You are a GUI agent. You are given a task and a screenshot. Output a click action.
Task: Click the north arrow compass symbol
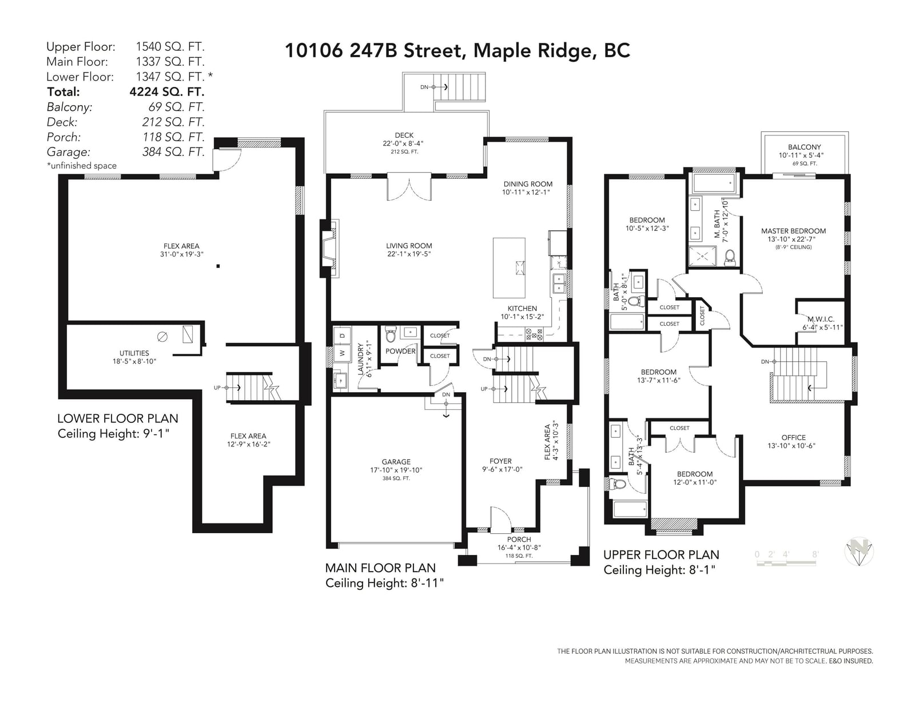click(x=859, y=551)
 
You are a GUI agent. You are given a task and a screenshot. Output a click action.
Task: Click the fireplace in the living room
click(x=330, y=248)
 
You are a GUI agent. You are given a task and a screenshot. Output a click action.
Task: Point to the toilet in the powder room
click(x=391, y=334)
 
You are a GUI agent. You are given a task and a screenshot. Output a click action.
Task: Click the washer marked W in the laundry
click(x=342, y=353)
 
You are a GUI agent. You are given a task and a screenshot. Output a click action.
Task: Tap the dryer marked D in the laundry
click(x=342, y=335)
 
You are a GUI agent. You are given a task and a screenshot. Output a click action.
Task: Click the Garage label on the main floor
click(x=396, y=462)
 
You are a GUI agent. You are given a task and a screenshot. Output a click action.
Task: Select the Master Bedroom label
click(x=793, y=231)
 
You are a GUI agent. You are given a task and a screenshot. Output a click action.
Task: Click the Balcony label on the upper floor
click(x=804, y=147)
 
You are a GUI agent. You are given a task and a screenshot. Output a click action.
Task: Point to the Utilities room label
click(x=134, y=353)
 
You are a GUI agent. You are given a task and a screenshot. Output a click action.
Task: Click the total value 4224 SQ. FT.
click(x=167, y=92)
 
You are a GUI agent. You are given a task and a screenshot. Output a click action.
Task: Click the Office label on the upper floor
click(x=793, y=438)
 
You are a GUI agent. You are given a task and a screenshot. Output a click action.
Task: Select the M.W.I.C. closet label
click(x=821, y=319)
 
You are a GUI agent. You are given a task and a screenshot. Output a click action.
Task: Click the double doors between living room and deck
click(x=409, y=187)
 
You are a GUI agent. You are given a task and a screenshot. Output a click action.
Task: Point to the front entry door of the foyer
click(x=500, y=518)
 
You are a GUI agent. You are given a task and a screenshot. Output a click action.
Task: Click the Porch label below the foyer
click(x=519, y=540)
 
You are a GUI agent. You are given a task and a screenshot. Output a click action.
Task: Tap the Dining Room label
click(x=528, y=184)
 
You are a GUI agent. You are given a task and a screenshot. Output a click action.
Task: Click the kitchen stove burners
click(x=534, y=334)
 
